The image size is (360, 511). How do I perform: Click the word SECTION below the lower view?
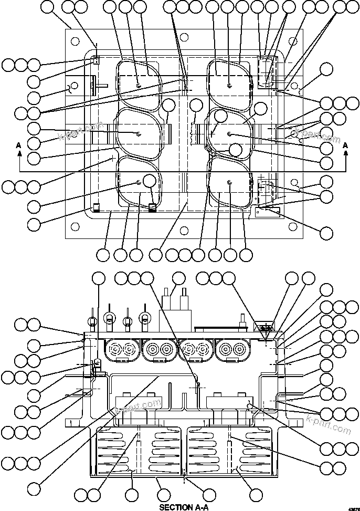173,507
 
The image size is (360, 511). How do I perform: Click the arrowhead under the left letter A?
19,153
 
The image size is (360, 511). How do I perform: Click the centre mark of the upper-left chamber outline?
138,85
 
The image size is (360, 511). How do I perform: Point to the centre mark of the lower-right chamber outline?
230,182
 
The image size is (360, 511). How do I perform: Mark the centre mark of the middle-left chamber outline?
138,134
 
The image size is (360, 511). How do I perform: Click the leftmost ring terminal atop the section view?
92,320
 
